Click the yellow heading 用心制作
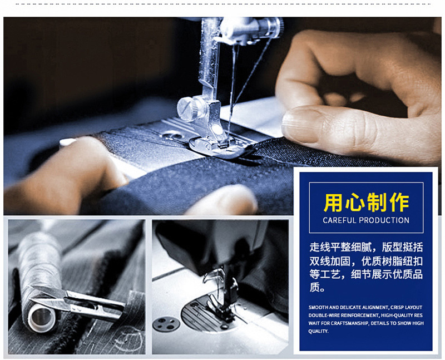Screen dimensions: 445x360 (x=366, y=203)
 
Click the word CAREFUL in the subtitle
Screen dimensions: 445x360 (x=339, y=220)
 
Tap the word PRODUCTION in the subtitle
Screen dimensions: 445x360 (x=384, y=220)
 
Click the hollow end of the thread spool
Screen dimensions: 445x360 (x=41, y=318)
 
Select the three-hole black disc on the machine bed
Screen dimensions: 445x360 (x=166, y=324)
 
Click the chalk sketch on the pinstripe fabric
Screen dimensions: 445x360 (x=128, y=339)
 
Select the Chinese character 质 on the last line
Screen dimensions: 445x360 (x=314, y=287)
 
